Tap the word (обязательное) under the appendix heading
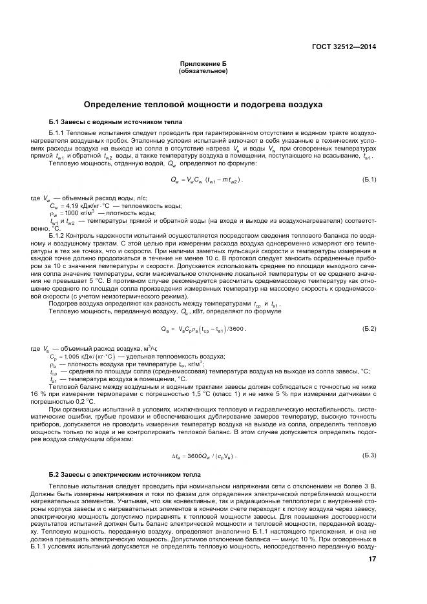(x=203, y=71)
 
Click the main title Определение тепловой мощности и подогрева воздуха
(x=203, y=105)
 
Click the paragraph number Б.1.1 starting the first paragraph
(x=59, y=132)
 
